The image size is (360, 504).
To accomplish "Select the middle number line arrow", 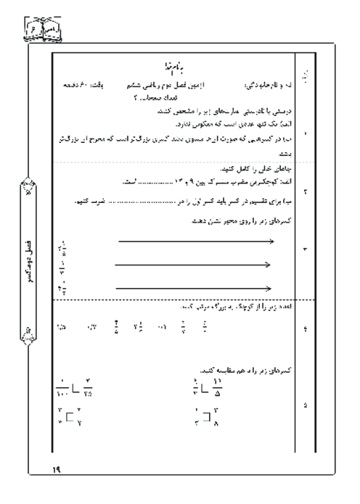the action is click(x=193, y=265).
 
